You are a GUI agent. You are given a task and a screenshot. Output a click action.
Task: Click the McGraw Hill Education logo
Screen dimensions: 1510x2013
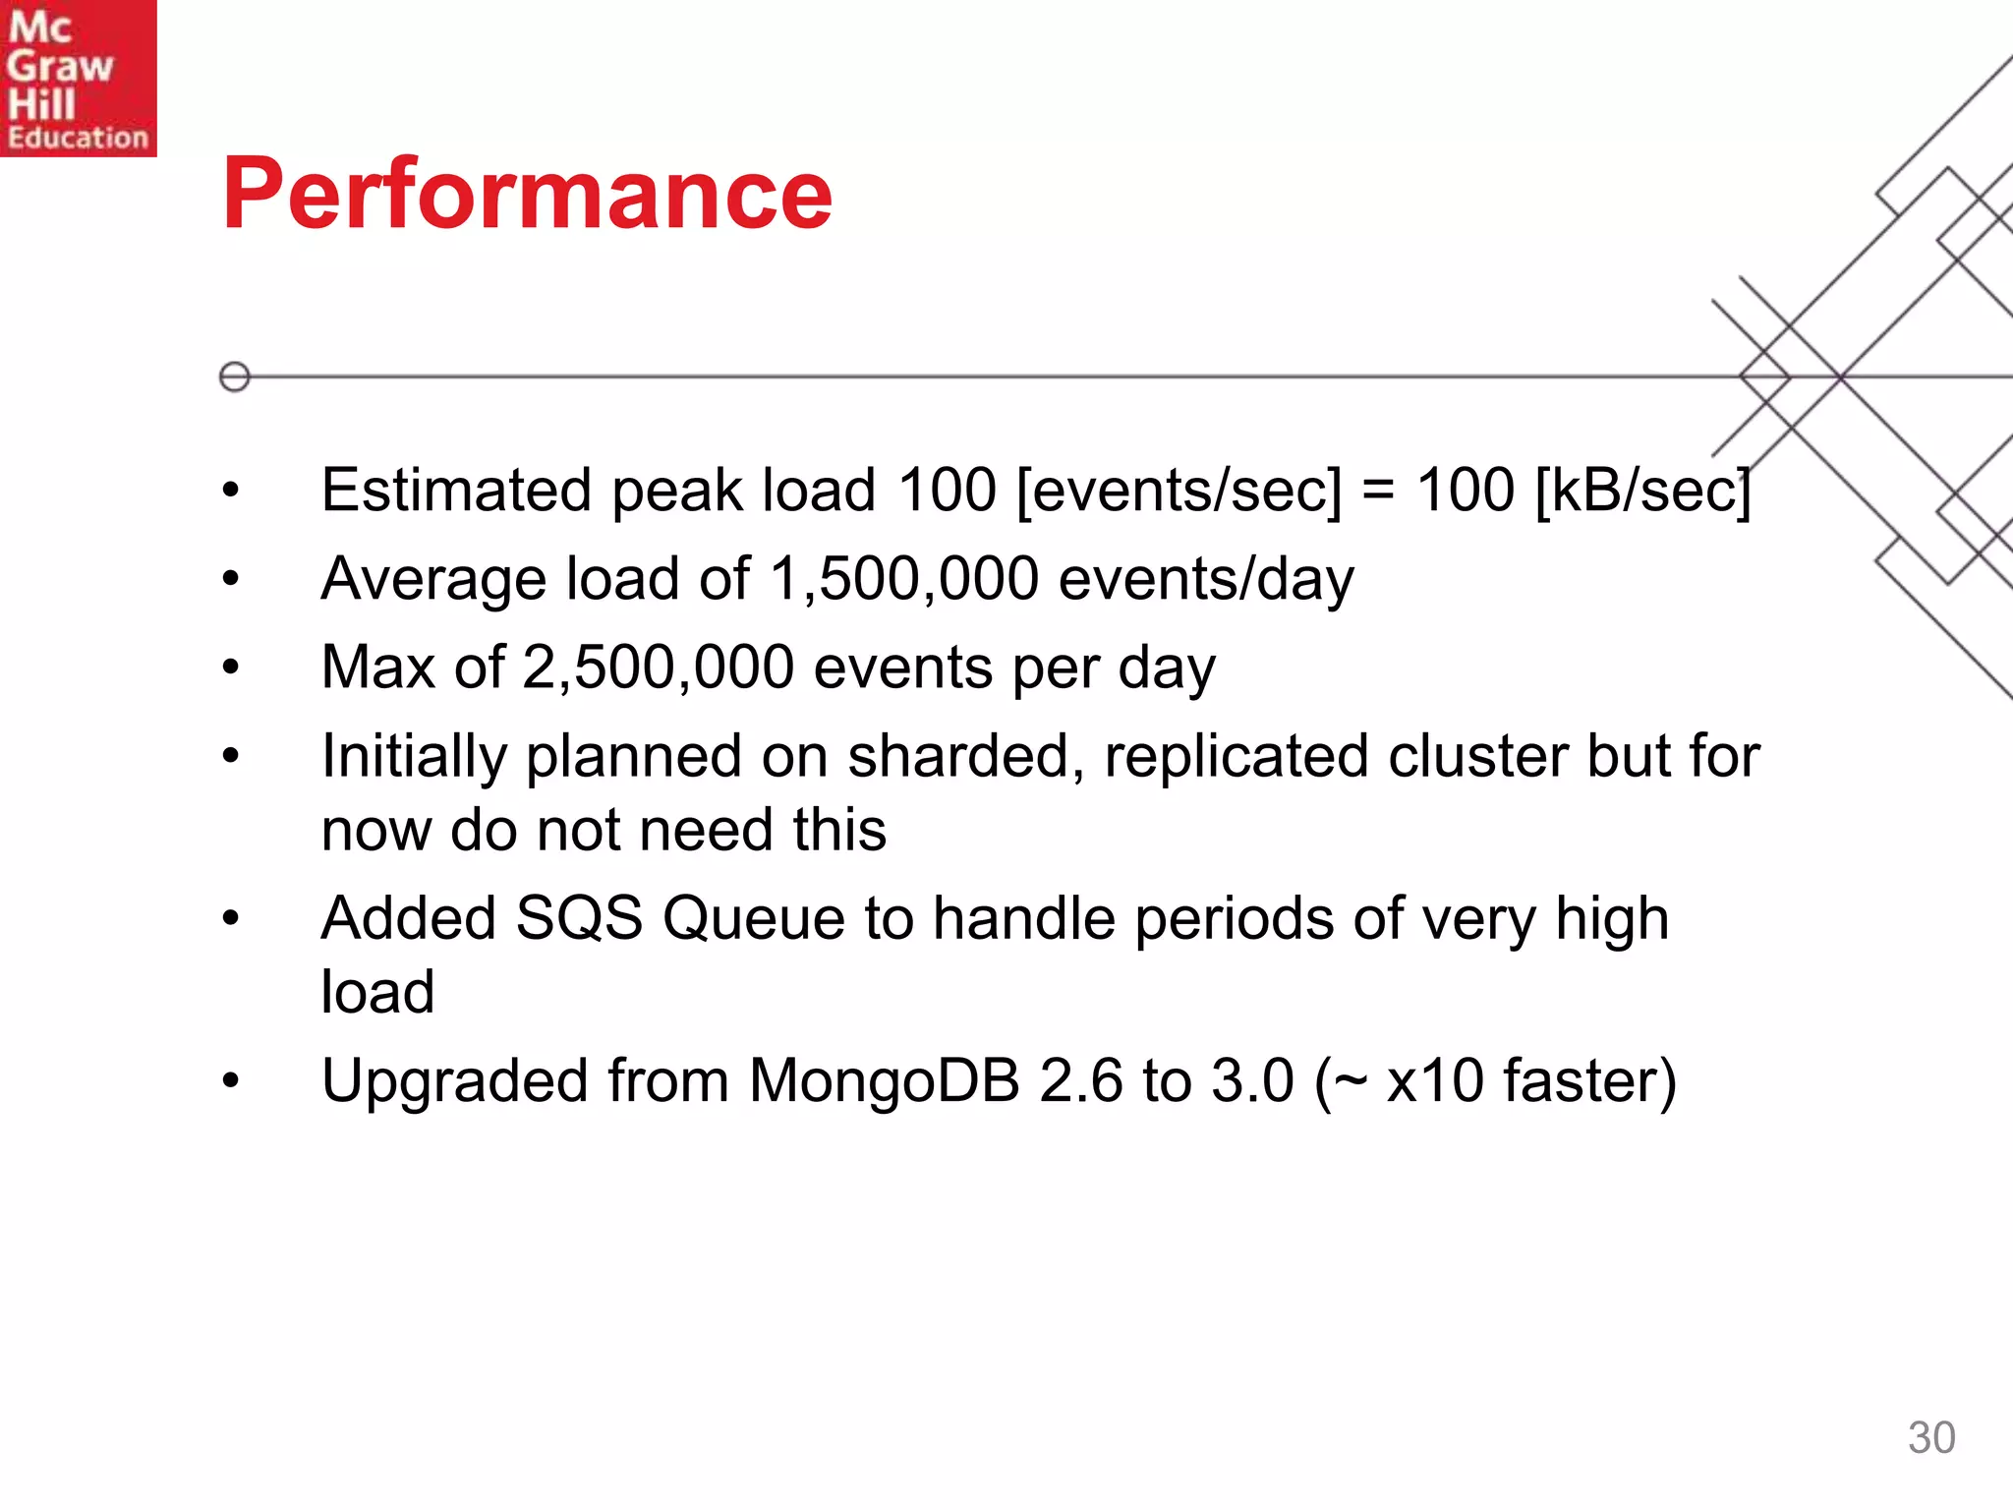[78, 79]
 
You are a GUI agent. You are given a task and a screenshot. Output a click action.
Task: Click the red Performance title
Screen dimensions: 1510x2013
[527, 195]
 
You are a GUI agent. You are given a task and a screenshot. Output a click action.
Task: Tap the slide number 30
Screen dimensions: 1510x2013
[1930, 1437]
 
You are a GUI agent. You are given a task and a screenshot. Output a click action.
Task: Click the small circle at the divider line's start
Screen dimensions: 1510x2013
[235, 377]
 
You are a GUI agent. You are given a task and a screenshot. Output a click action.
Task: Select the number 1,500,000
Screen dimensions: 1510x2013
[903, 579]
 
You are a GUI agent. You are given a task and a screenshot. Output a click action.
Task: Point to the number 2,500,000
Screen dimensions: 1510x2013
[658, 668]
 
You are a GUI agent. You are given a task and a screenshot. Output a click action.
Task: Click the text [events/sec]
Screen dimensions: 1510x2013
[1179, 491]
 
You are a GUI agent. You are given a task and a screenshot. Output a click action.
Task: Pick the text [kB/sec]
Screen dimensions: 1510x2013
[1642, 491]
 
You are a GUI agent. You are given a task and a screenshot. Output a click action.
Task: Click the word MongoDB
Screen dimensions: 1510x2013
[884, 1081]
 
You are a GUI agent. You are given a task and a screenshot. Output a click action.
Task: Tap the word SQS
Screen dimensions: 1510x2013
[579, 919]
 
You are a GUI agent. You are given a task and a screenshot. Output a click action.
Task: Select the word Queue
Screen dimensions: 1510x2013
[754, 919]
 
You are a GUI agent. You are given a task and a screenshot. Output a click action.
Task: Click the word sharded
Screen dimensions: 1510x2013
[958, 757]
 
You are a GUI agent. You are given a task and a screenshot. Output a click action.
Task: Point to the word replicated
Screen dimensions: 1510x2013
[1236, 757]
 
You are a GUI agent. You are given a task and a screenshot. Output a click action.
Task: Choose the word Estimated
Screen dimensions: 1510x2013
[456, 491]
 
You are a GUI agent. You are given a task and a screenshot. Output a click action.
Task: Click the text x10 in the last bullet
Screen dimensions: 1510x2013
[1434, 1081]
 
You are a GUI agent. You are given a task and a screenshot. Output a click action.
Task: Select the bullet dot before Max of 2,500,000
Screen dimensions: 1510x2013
[231, 668]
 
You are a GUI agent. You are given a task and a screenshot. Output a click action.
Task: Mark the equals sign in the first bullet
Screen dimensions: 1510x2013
[1378, 491]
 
